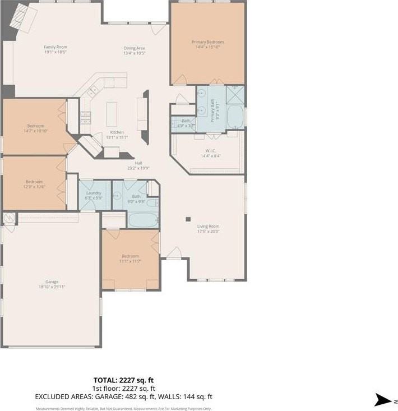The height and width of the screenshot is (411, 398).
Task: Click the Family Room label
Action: click(55, 47)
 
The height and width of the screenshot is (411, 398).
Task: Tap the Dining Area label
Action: click(135, 48)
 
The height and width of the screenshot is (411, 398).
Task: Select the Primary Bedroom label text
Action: click(207, 42)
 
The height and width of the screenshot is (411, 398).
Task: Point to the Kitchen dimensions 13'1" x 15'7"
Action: click(117, 137)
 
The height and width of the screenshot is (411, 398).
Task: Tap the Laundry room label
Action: click(94, 193)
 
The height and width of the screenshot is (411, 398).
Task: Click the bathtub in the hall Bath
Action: click(143, 219)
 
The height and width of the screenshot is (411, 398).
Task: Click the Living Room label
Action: click(208, 226)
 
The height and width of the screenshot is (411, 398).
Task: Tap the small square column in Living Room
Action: click(189, 219)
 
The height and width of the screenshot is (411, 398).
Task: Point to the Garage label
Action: click(52, 281)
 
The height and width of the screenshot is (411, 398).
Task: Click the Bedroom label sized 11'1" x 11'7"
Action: click(129, 256)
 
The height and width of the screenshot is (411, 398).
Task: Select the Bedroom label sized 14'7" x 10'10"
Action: click(35, 126)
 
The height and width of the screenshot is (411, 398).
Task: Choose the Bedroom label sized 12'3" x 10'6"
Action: click(34, 182)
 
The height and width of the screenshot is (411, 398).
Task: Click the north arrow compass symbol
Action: click(383, 400)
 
